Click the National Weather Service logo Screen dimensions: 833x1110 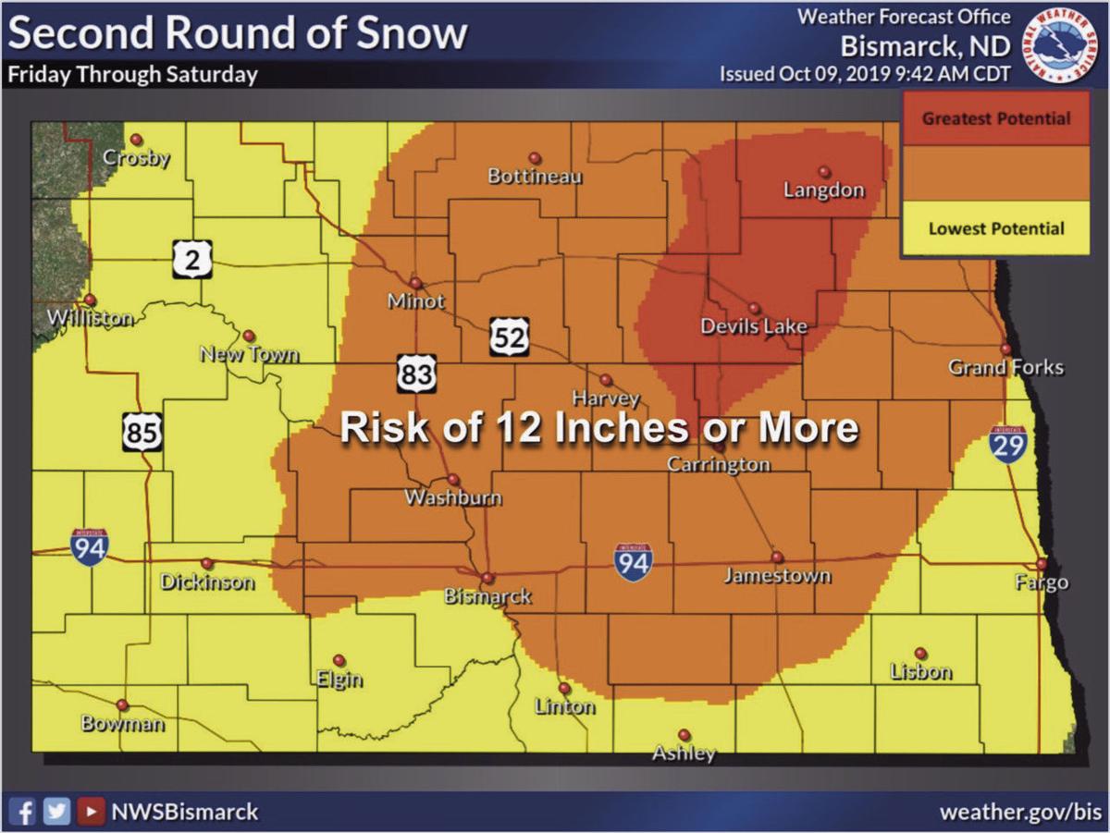1063,45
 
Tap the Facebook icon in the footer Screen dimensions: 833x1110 26,812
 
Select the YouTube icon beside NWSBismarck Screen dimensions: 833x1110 90,812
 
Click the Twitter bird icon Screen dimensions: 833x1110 57,812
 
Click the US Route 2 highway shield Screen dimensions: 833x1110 191,260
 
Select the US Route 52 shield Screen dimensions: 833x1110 509,337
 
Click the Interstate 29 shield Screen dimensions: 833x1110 1007,444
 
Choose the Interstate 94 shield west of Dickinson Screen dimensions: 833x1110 89,545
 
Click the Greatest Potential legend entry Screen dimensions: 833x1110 996,118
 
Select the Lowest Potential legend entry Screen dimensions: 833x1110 996,228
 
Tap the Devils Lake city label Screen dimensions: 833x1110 753,326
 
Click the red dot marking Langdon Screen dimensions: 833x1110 823,171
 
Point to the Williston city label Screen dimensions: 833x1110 90,319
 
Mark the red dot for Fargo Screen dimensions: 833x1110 1042,563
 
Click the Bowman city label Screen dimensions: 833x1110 122,723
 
